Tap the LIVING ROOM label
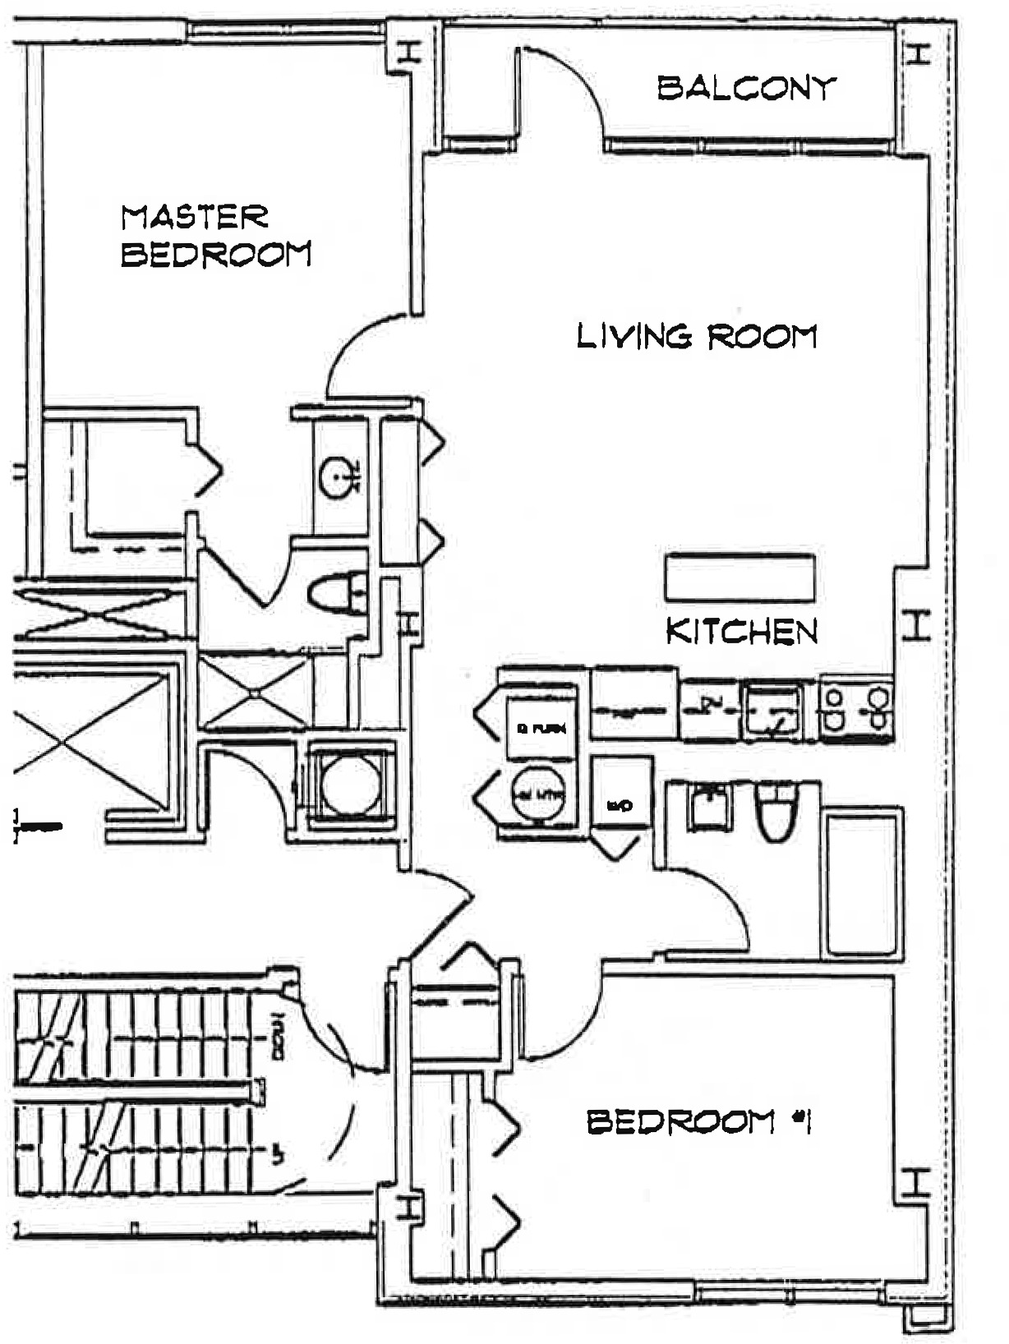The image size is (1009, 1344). [697, 336]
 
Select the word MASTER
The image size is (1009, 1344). [195, 217]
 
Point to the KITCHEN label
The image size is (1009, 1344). [741, 631]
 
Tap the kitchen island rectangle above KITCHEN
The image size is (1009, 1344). [739, 578]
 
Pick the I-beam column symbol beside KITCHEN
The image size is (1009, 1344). [916, 626]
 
